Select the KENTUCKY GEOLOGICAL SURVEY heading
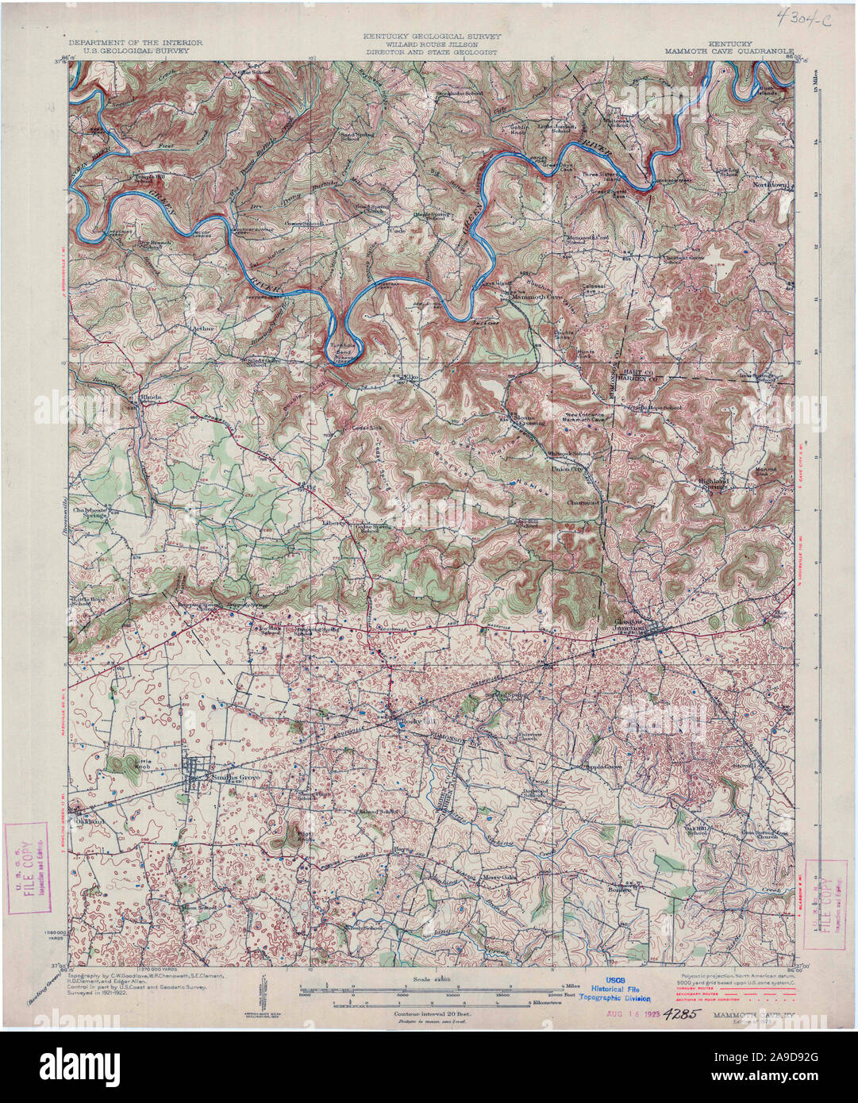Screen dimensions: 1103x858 point(429,36)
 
